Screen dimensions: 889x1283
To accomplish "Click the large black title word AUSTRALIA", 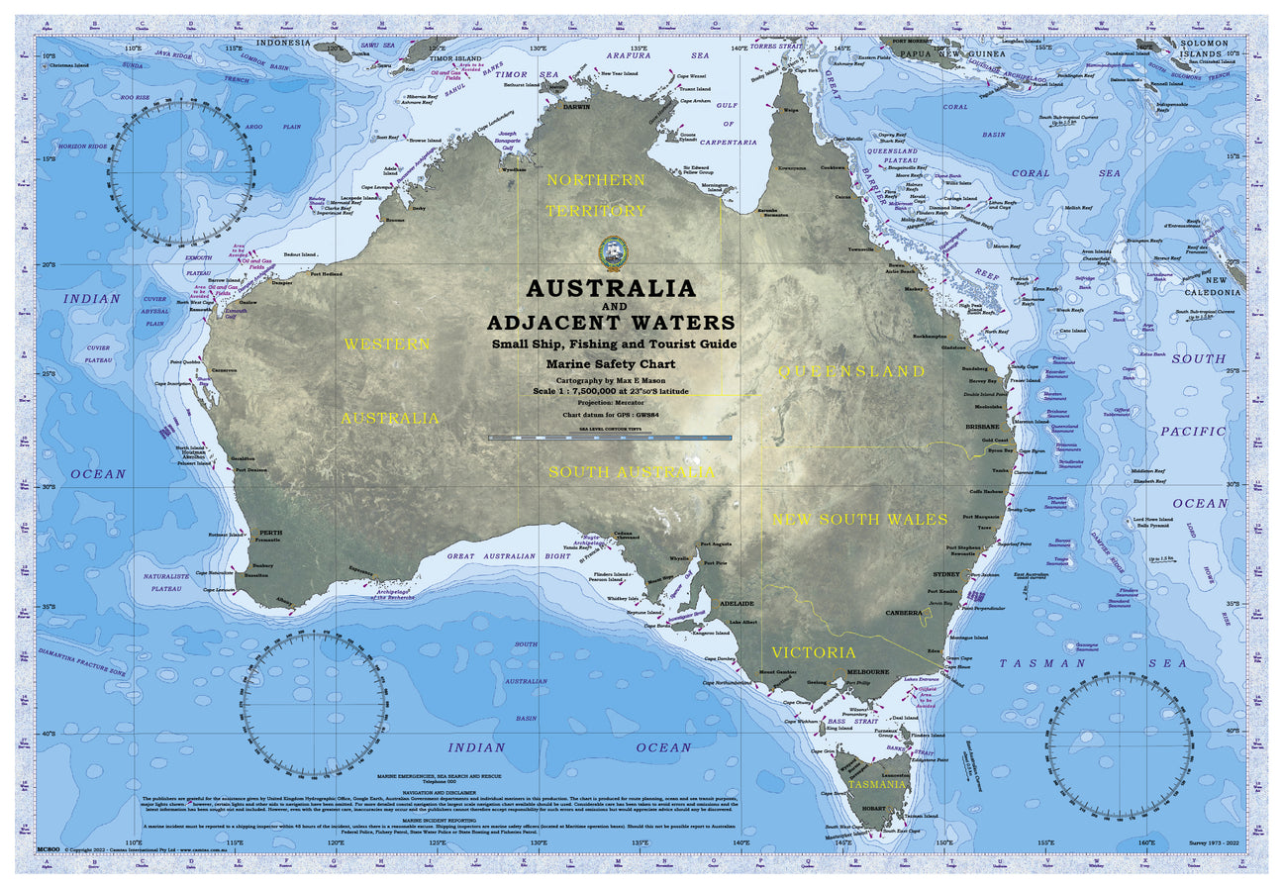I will coord(611,289).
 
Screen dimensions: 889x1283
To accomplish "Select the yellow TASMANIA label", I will coord(876,784).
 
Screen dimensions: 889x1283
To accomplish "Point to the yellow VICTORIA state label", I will coord(814,652).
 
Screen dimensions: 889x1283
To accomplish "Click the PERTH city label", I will coord(270,533).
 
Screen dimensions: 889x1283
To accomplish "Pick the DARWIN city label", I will coord(576,106).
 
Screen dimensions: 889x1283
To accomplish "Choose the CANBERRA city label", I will coord(904,613).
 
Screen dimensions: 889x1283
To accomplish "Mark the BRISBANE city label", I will coord(983,426).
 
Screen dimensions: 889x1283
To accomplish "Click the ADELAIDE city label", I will coord(738,603).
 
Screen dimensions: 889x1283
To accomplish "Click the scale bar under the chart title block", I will coord(610,437).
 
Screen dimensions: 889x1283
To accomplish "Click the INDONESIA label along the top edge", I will coord(283,44).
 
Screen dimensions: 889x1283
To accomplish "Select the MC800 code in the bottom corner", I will coord(49,849).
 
